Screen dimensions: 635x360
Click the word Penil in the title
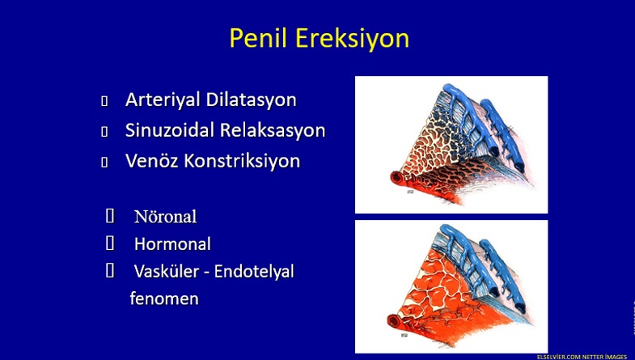coord(258,38)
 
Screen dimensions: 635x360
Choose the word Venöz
coord(152,161)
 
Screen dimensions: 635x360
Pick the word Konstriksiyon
coord(242,161)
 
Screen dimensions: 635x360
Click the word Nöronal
coord(165,217)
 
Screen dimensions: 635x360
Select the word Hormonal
coord(172,244)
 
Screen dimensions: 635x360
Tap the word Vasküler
coord(167,271)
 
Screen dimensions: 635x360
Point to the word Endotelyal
coord(254,272)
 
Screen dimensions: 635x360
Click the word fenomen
coord(164,299)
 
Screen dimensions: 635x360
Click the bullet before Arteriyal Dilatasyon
coord(104,101)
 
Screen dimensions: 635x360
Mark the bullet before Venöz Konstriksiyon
coord(104,162)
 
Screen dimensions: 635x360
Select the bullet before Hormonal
coord(110,244)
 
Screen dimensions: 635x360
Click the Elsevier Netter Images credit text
coord(582,357)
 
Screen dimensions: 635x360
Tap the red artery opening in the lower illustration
coord(394,320)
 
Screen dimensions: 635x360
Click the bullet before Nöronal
coord(110,216)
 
